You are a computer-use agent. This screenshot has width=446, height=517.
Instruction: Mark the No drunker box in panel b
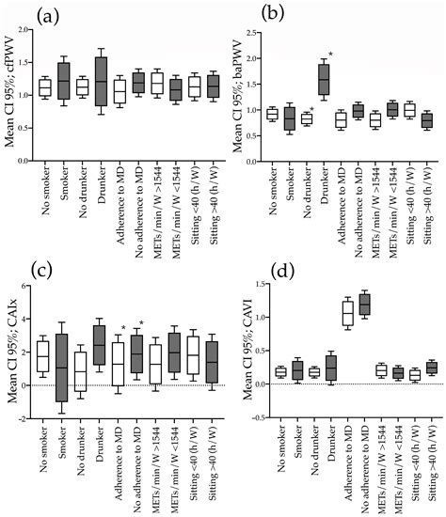point(300,119)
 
